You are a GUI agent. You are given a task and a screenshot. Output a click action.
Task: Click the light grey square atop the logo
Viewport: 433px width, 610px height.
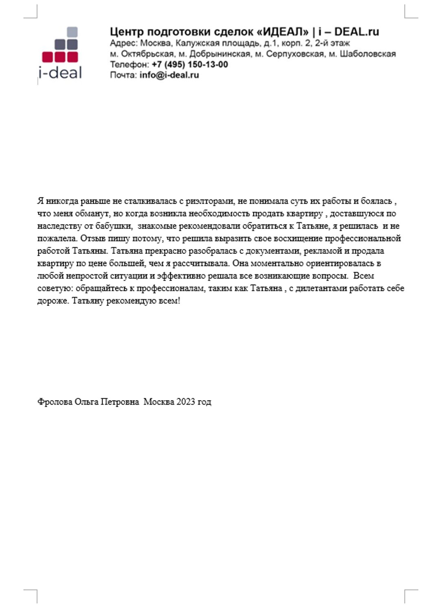point(72,32)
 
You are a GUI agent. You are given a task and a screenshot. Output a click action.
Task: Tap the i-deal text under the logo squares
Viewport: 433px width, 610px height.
point(60,72)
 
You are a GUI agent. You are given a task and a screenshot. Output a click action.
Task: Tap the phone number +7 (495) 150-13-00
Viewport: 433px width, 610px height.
point(190,64)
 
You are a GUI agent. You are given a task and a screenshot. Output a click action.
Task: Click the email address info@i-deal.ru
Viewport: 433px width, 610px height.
point(169,75)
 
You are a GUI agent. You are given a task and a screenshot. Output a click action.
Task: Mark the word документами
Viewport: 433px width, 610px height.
point(272,251)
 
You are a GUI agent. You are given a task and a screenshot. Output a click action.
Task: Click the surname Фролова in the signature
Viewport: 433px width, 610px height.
point(55,402)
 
